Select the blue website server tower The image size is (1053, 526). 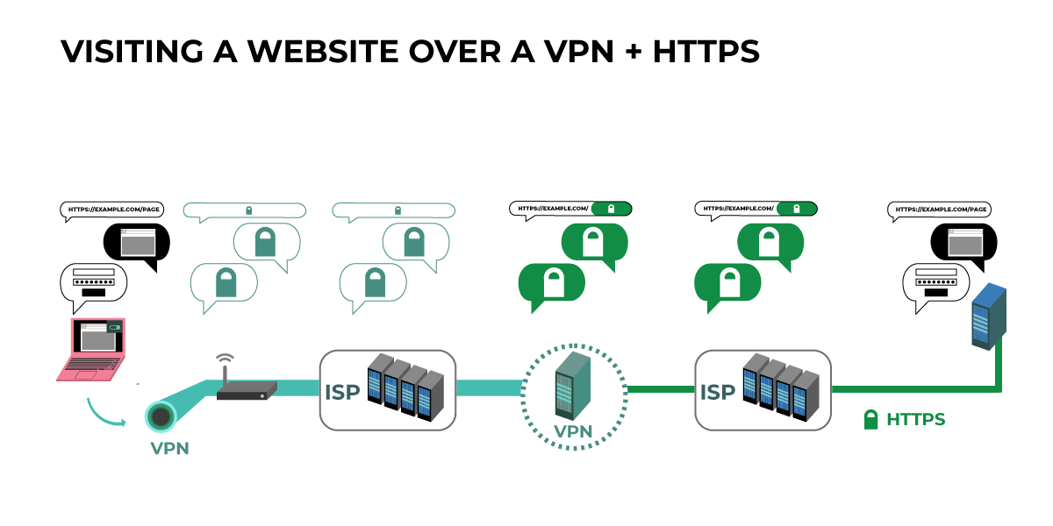pos(988,316)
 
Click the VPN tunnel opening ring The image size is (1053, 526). pos(161,417)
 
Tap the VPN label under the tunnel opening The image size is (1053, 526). pos(169,449)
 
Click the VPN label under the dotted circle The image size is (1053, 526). pos(573,431)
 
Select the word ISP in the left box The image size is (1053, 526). pos(343,392)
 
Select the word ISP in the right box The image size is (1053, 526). pos(718,392)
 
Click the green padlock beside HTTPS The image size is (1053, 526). pos(870,420)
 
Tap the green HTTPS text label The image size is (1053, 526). pos(915,420)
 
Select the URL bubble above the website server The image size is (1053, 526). pos(941,210)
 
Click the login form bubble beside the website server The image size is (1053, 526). pos(936,284)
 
